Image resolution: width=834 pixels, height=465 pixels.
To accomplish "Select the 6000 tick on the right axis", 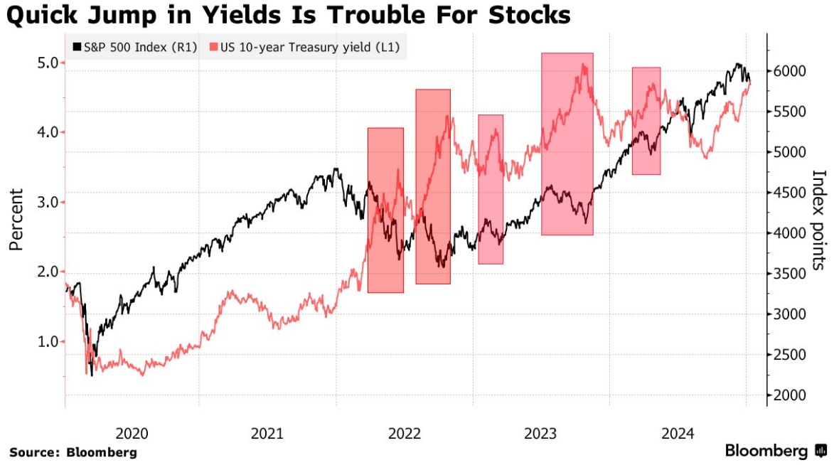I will pos(790,71).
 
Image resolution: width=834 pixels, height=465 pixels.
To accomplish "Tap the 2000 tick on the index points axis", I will pos(790,395).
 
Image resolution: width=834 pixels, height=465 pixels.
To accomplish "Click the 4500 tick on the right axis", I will pos(790,193).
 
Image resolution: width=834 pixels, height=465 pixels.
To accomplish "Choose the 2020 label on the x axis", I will pos(132,433).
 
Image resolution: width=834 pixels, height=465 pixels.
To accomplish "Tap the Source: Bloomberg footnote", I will pos(73,452).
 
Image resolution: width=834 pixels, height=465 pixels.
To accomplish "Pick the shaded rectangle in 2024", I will pos(646,121).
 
